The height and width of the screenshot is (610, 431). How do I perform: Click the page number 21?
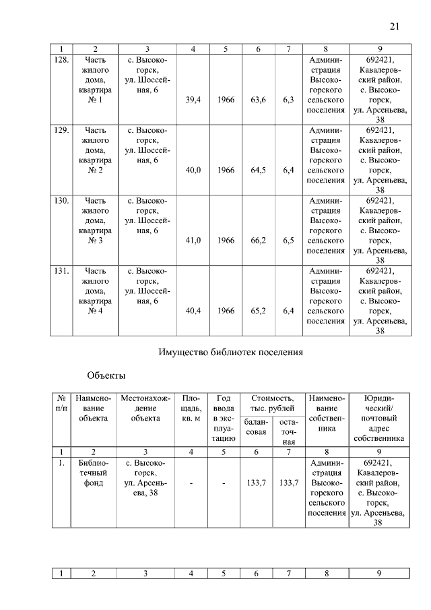point(395,26)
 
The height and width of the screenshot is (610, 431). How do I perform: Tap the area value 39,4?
point(193,99)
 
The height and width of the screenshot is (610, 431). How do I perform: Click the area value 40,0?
point(193,171)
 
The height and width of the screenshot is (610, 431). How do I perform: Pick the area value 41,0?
point(193,241)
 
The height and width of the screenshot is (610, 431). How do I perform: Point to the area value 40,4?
point(193,311)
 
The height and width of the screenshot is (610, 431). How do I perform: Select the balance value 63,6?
point(257,99)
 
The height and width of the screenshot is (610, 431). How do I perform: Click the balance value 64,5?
point(257,171)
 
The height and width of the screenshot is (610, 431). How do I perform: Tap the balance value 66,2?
point(257,241)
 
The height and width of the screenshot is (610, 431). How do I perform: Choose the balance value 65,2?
point(257,311)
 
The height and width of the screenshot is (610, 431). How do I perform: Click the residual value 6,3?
point(289,99)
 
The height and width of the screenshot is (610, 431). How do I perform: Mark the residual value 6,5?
point(289,241)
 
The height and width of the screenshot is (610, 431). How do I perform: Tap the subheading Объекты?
point(106,375)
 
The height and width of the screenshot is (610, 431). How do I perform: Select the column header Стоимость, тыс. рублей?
point(273,404)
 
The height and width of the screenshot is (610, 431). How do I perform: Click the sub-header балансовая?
point(257,427)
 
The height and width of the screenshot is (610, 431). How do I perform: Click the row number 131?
point(61,271)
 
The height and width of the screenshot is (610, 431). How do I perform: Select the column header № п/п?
point(61,404)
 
